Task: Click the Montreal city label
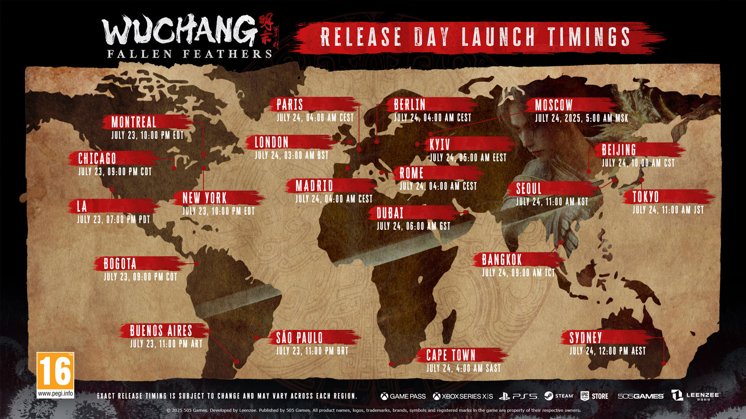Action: click(134, 122)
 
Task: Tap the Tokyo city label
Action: click(645, 197)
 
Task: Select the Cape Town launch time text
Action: click(463, 368)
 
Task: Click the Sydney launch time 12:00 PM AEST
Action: click(607, 351)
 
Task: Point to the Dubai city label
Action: click(390, 213)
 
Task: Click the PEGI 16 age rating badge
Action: click(55, 375)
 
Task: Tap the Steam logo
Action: click(559, 396)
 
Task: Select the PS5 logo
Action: click(518, 396)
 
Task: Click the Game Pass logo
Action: click(403, 396)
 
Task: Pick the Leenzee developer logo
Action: click(695, 396)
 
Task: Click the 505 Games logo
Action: click(640, 396)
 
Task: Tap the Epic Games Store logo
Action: click(594, 396)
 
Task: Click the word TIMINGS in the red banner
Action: click(589, 37)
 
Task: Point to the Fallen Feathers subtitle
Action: click(189, 54)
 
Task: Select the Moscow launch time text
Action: click(581, 118)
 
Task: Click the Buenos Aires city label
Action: click(161, 331)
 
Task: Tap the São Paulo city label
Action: click(299, 338)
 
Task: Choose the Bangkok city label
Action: click(502, 260)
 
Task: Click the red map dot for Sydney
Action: click(664, 364)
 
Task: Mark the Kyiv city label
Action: click(439, 145)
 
